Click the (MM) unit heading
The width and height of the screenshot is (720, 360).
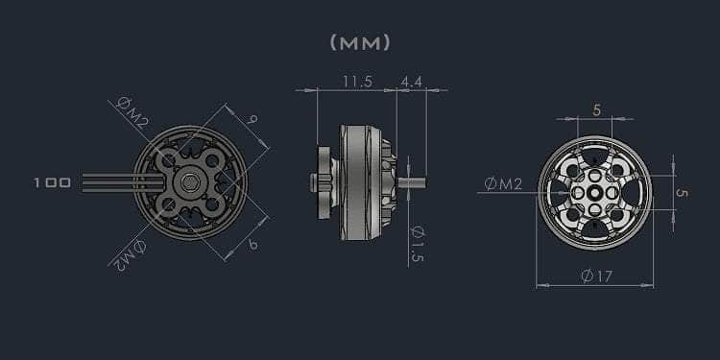[360, 42]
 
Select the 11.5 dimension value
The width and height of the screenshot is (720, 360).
[358, 82]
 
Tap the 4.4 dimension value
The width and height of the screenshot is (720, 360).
[412, 82]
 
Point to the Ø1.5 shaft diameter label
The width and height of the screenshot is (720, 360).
[417, 244]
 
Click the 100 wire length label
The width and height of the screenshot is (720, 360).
[53, 183]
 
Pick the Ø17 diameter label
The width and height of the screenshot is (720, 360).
[596, 276]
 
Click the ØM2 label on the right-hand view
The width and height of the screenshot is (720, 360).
[503, 184]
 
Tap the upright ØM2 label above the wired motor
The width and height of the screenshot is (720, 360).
[132, 112]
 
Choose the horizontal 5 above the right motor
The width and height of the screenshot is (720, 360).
[596, 110]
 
